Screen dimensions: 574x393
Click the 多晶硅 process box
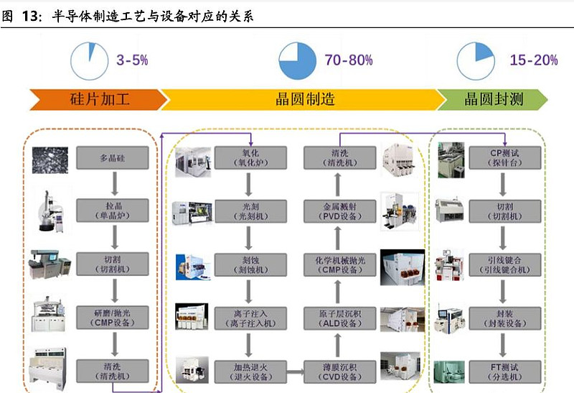[x=113, y=158]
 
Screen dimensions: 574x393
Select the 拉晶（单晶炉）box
[x=113, y=211]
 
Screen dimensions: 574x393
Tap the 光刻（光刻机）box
[x=250, y=211]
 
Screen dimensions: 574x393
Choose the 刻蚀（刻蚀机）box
[x=250, y=264]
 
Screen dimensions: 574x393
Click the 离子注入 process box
[x=250, y=318]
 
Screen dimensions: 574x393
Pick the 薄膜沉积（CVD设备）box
[x=339, y=371]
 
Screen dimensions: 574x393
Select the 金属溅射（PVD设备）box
[x=339, y=211]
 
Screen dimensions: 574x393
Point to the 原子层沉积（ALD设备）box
[x=339, y=318]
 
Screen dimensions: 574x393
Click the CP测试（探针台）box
[x=505, y=158]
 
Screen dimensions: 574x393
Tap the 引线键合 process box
[x=505, y=264]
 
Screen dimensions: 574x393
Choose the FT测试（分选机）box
[x=505, y=371]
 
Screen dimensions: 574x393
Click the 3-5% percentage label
[x=132, y=60]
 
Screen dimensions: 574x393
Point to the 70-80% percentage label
[x=349, y=60]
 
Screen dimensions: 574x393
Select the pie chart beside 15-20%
[x=476, y=61]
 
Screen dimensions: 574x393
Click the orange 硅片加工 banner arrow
[x=98, y=99]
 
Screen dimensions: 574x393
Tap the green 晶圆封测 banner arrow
[x=492, y=99]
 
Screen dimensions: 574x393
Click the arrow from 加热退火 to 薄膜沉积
[x=295, y=372]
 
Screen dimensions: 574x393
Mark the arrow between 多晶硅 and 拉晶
[x=115, y=184]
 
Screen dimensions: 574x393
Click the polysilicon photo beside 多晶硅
[x=50, y=160]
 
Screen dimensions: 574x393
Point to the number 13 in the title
[x=29, y=16]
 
